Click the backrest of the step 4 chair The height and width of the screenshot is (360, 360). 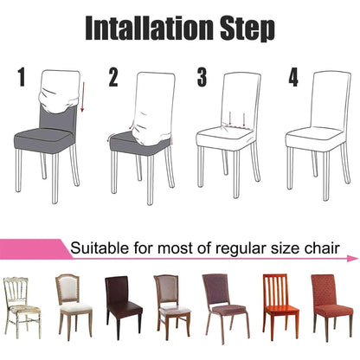click(324, 95)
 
